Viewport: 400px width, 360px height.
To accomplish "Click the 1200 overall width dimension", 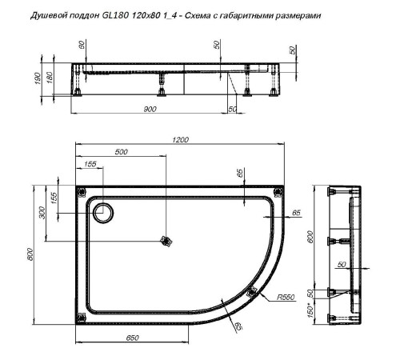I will tap(180, 141).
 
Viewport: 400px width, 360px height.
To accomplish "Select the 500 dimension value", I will tap(120, 151).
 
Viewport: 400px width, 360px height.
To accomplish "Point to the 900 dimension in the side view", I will tap(150, 109).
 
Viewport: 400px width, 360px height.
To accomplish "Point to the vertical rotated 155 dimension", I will tap(54, 199).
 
